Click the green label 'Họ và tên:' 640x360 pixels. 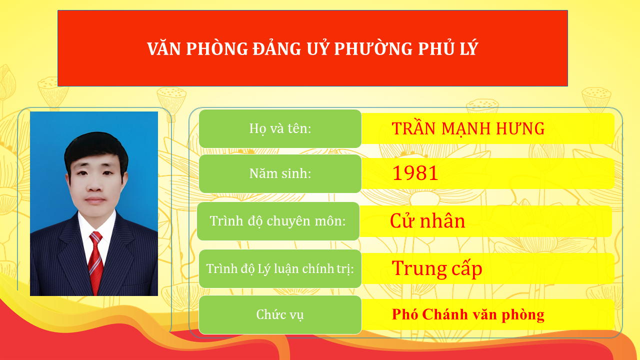(280, 128)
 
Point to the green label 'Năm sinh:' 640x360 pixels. (280, 173)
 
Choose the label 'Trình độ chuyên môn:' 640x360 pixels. (278, 221)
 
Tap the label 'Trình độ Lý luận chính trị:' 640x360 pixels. (280, 269)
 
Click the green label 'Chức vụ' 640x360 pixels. (280, 314)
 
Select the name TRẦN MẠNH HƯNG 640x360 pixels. (468, 128)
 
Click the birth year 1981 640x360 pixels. (415, 173)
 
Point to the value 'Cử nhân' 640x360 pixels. (427, 221)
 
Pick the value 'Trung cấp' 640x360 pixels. (437, 269)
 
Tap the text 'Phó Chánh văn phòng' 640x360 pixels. (468, 314)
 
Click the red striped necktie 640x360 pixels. (95, 262)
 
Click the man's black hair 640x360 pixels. (95, 145)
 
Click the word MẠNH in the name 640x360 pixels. (468, 128)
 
